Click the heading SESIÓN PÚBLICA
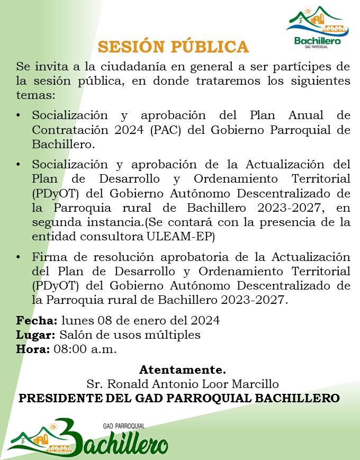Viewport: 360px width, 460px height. (173, 47)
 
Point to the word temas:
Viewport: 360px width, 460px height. (35, 95)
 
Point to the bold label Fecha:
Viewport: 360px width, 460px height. (37, 321)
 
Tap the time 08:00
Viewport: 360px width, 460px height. (70, 349)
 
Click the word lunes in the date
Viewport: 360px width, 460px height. (77, 321)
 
